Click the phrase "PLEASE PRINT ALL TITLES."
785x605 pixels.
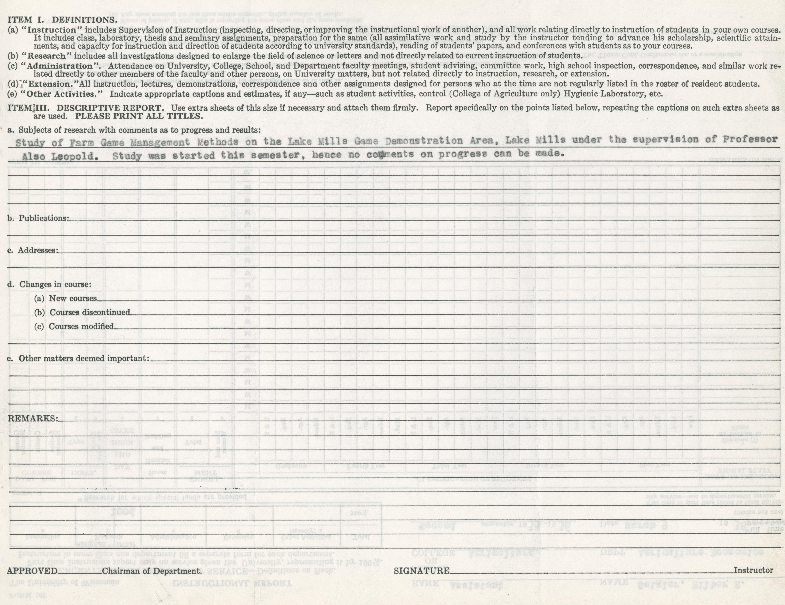139,116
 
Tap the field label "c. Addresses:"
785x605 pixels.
33,250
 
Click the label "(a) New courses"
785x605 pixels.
65,298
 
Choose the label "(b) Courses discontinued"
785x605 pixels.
82,312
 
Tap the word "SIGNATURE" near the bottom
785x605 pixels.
422,570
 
